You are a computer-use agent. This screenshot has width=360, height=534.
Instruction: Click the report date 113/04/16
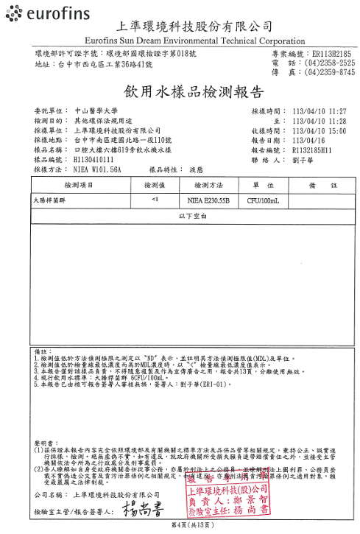tap(308, 140)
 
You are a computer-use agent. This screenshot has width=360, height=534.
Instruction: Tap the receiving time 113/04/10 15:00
tap(319, 130)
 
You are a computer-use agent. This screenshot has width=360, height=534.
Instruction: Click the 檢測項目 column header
tap(80, 186)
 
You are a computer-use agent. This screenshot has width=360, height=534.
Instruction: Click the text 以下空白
tap(193, 214)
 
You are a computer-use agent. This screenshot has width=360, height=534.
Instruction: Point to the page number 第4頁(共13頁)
tap(180, 524)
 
